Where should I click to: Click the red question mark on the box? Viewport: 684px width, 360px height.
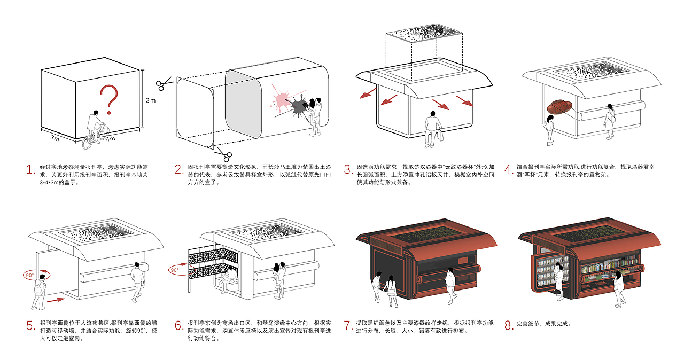click(x=110, y=99)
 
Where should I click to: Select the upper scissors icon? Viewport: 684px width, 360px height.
click(x=163, y=83)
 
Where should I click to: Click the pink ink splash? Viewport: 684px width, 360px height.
click(x=280, y=99)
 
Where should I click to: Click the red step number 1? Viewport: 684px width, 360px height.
click(x=30, y=170)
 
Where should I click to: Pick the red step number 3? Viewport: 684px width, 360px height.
click(x=348, y=170)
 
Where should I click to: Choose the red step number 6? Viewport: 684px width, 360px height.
click(x=180, y=326)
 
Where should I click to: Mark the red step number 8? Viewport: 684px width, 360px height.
click(x=509, y=326)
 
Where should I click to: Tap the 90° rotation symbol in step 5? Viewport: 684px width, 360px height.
click(x=31, y=276)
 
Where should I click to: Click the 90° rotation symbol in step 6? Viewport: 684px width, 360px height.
click(x=176, y=270)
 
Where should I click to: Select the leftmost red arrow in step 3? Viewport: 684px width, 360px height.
click(x=366, y=93)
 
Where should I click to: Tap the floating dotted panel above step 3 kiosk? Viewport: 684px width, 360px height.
click(x=424, y=34)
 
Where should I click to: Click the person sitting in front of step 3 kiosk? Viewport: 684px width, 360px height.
click(x=432, y=128)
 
